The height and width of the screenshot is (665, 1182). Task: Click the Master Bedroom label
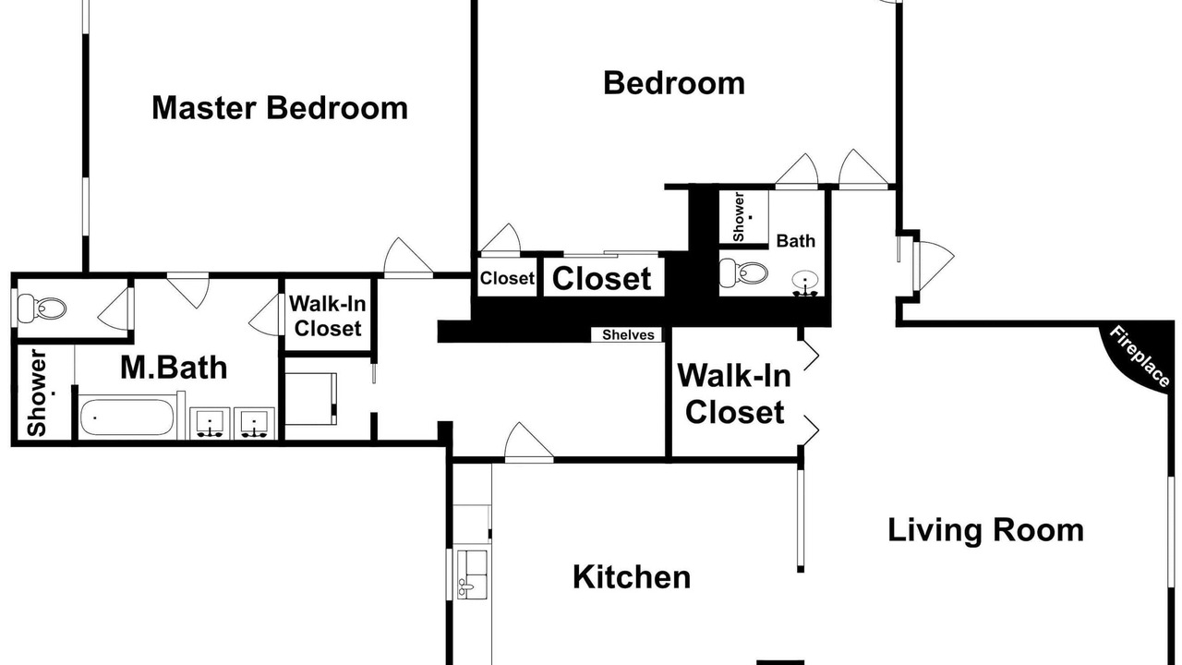(280, 108)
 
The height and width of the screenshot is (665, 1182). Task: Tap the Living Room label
(985, 530)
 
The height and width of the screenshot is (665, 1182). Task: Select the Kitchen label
(632, 577)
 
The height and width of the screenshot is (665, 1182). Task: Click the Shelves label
(628, 334)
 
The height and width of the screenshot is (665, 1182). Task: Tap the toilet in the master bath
(42, 308)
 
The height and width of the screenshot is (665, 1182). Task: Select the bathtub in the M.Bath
(127, 417)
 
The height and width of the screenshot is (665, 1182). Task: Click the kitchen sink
(472, 574)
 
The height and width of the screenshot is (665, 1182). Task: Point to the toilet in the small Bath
(743, 272)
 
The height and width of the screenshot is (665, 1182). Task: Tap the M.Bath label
(174, 368)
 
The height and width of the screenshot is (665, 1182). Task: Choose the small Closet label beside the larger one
(507, 278)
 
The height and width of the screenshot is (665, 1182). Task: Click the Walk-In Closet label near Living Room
(734, 393)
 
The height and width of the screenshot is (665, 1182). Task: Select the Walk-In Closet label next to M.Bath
(328, 316)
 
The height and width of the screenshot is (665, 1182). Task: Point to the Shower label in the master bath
(38, 393)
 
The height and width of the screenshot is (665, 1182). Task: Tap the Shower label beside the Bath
(739, 217)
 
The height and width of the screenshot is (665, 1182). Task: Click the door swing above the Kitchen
(529, 441)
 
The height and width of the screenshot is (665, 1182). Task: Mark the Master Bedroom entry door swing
(408, 257)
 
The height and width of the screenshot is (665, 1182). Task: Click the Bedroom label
(674, 83)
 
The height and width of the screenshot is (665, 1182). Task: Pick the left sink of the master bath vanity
(210, 423)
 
